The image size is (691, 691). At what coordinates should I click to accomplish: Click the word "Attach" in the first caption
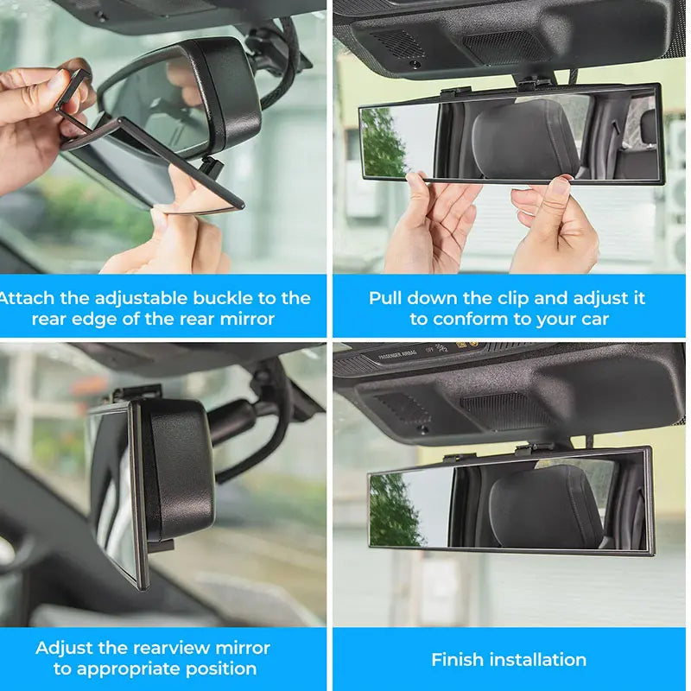pos(26,298)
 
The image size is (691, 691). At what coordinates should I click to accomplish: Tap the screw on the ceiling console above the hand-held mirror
pos(415,64)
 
